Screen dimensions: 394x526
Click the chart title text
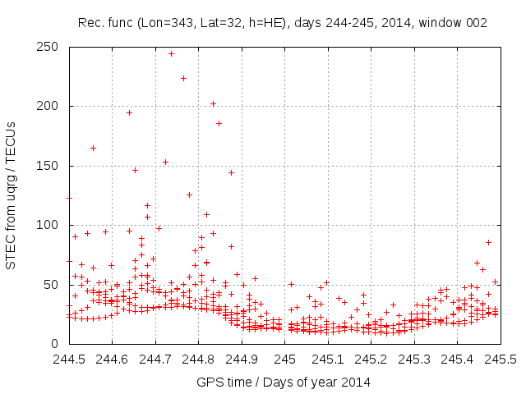tap(283, 24)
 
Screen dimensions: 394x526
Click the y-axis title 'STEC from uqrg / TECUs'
tap(11, 195)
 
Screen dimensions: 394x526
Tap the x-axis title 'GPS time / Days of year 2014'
tap(283, 382)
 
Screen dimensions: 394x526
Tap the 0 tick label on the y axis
tap(56, 344)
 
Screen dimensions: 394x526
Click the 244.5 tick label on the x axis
tap(69, 360)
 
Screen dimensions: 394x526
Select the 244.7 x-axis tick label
tap(155, 360)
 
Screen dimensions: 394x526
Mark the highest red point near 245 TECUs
tap(171, 53)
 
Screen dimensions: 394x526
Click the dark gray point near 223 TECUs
tap(184, 78)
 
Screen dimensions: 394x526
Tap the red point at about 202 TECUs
tap(213, 103)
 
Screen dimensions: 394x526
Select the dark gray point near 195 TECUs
tap(129, 112)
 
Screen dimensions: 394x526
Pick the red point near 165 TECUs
tap(93, 148)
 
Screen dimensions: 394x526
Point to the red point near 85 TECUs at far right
tap(488, 242)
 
